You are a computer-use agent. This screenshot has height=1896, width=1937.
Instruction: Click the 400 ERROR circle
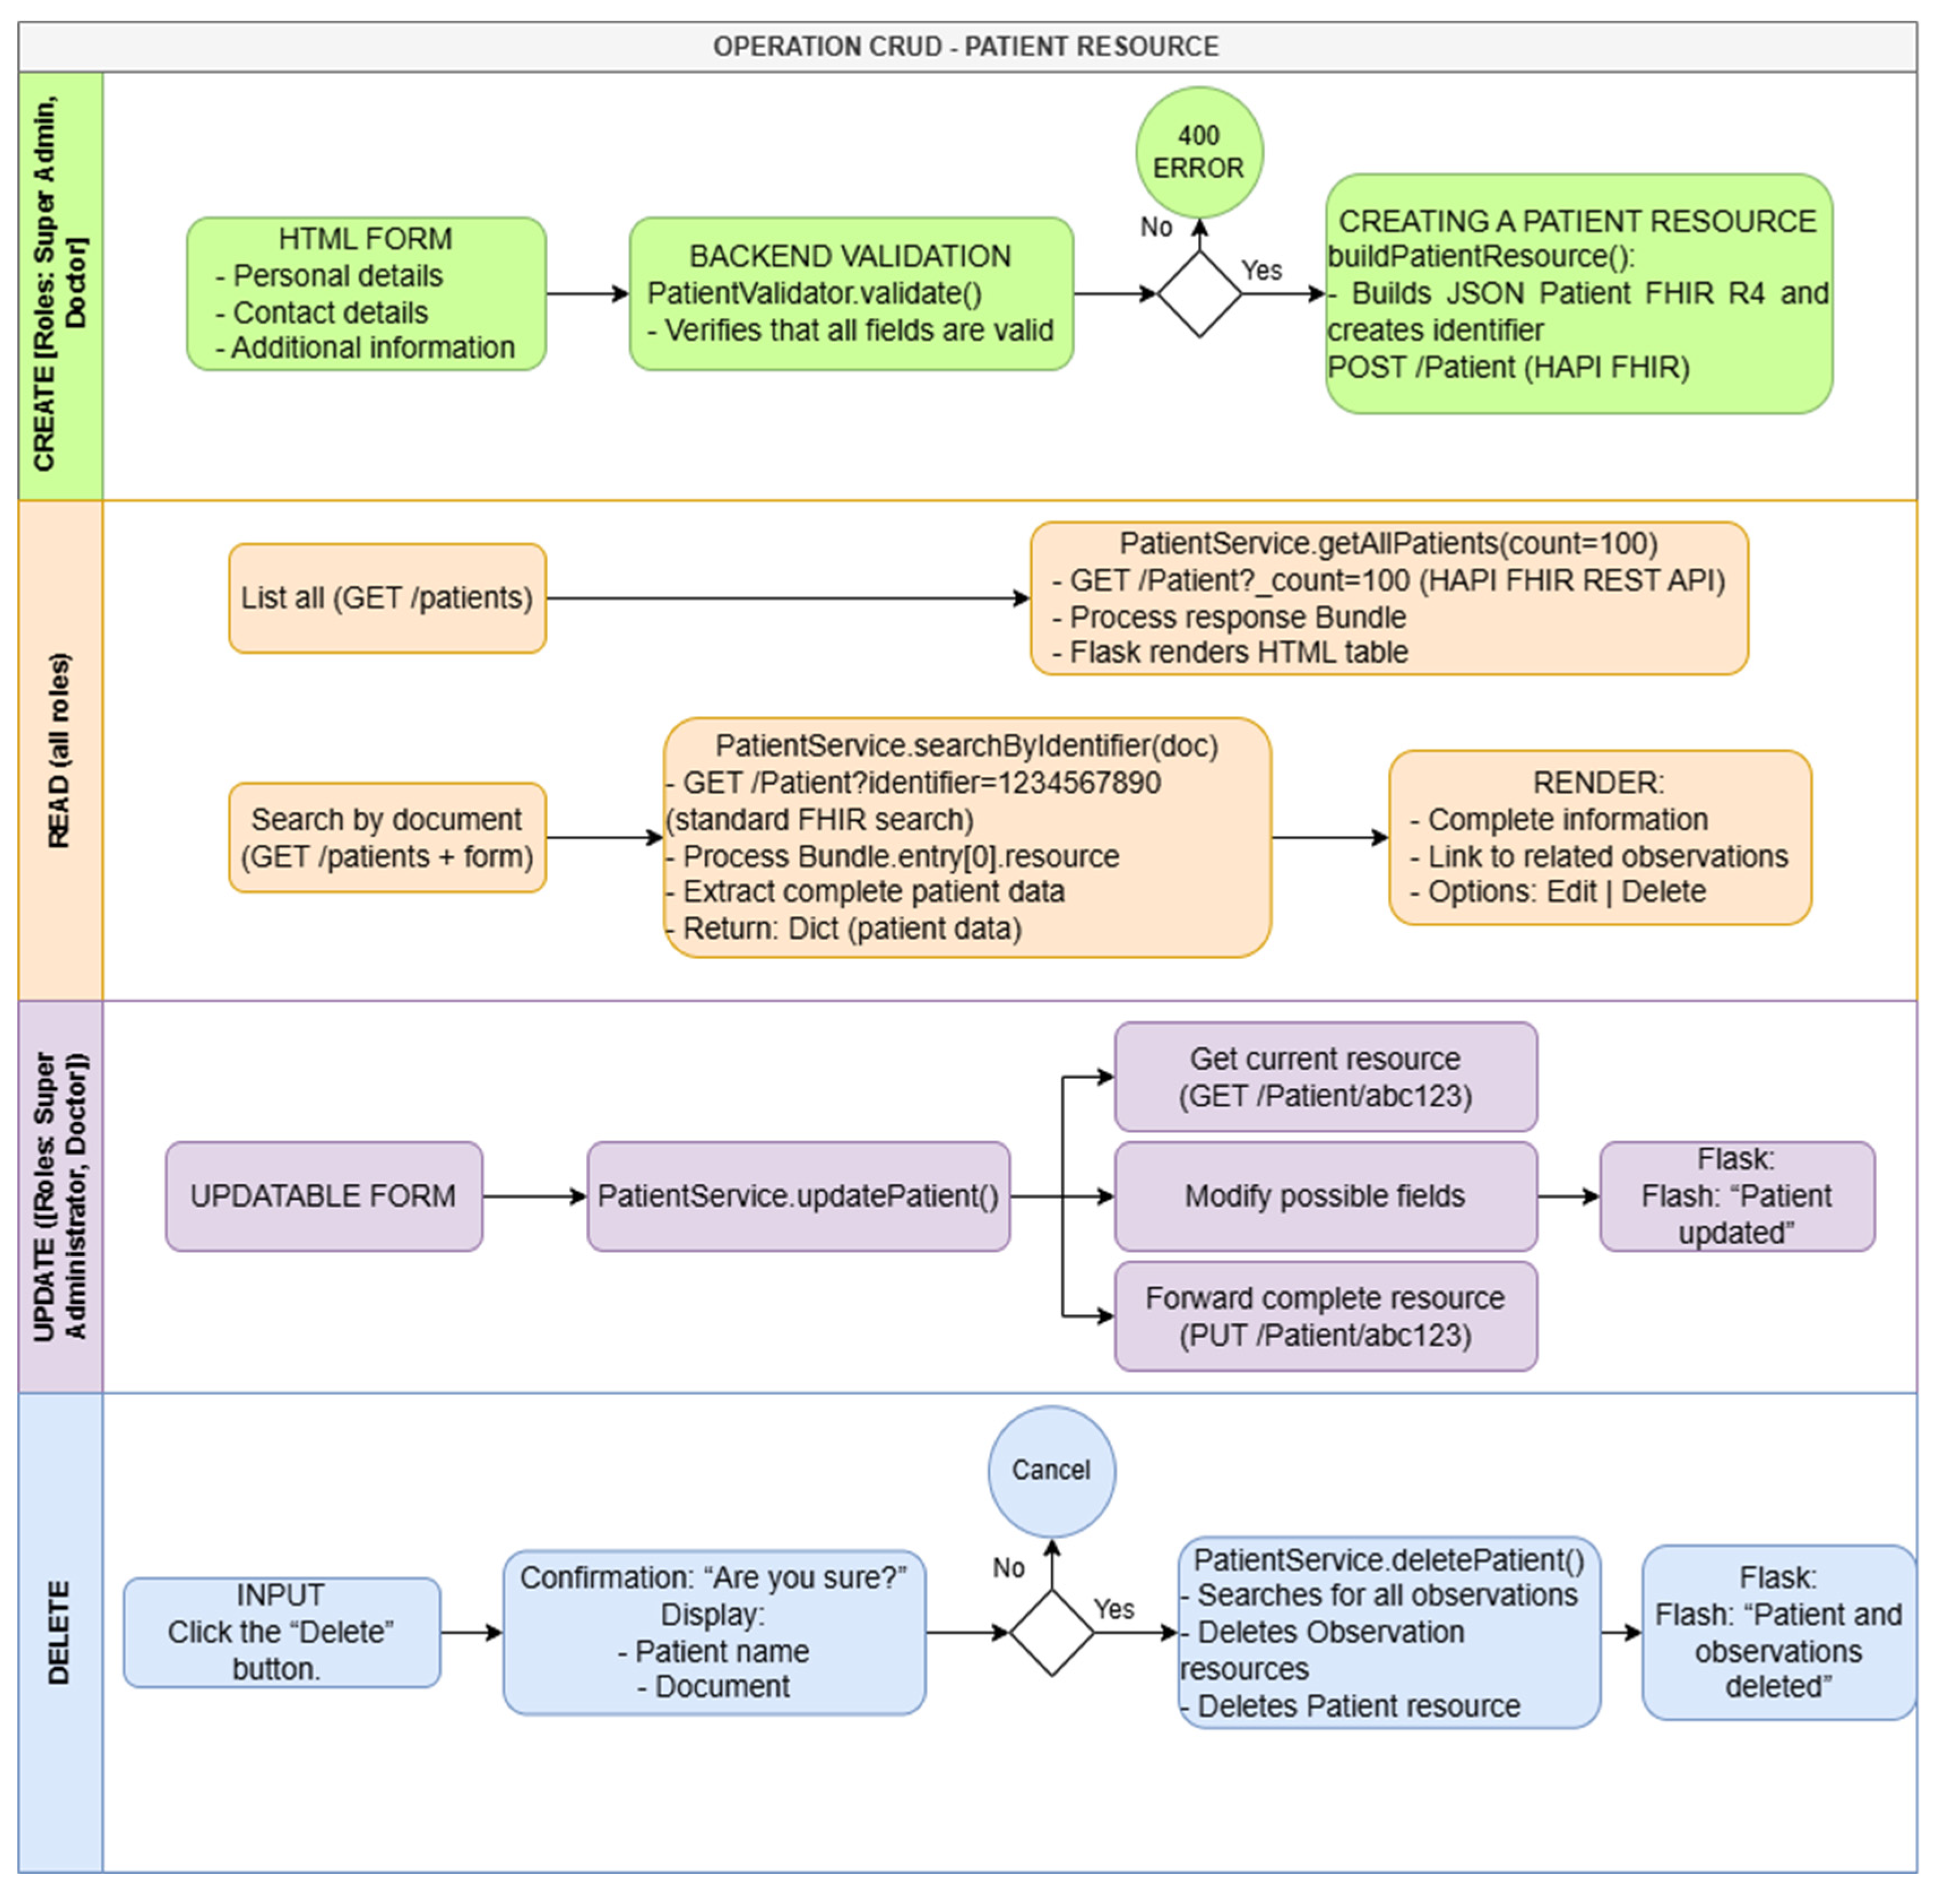[1199, 152]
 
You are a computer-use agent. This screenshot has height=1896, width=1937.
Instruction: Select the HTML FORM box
[365, 294]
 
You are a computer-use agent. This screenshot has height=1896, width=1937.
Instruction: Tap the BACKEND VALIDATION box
[850, 294]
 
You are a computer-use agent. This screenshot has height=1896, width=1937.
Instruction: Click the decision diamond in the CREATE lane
[1199, 294]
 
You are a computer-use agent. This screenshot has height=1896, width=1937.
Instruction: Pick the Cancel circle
[1052, 1471]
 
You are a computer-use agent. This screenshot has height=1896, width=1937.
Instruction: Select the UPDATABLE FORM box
[323, 1196]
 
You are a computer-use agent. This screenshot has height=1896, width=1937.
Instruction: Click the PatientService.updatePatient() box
[798, 1196]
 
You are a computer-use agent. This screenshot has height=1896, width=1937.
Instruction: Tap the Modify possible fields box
[1325, 1196]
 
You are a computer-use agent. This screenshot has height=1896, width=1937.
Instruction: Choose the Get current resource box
[1325, 1077]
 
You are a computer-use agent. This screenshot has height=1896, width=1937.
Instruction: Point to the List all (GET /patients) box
[387, 598]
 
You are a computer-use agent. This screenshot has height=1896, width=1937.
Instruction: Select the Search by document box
[387, 837]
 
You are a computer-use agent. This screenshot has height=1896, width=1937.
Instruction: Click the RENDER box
[1599, 837]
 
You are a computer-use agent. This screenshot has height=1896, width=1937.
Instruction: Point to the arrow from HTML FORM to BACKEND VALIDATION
[587, 294]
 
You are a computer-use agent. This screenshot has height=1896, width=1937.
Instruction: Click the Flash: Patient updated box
[1737, 1196]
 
